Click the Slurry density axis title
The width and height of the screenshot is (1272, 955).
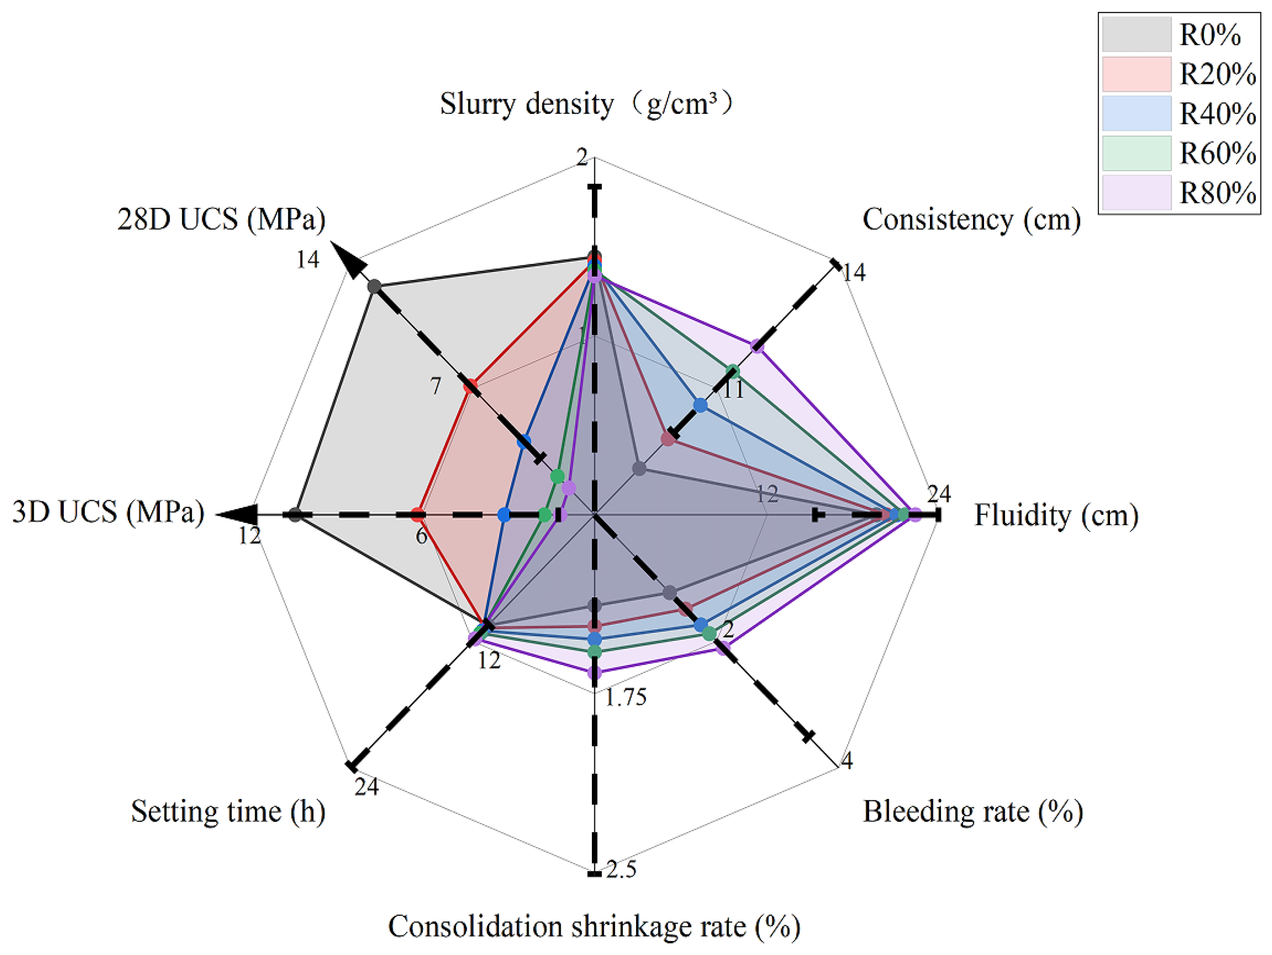586,104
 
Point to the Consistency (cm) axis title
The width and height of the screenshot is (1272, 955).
971,219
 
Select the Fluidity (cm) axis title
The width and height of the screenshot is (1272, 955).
1056,514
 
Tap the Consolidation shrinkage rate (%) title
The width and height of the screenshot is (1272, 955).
594,926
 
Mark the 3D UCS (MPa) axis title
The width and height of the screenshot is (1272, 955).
108,511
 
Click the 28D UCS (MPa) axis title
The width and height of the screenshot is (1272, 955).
221,219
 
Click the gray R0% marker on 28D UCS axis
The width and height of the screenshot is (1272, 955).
374,286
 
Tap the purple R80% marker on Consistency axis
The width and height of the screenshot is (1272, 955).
757,346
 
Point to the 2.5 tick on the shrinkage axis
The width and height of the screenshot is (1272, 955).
621,869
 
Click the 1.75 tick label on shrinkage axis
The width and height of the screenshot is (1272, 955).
625,697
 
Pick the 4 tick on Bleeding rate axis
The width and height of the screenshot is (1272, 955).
847,761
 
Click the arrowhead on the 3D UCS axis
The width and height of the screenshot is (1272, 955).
237,514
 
